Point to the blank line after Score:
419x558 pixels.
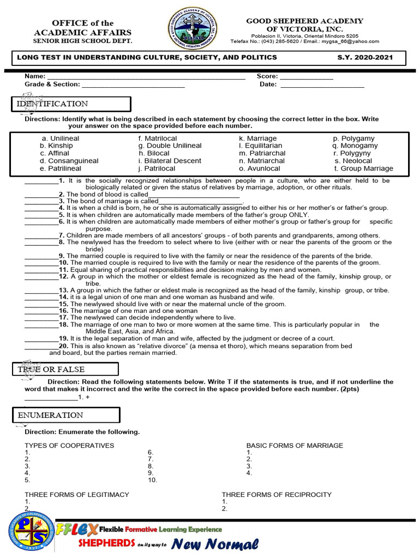[306, 77]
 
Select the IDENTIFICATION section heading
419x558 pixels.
[52, 104]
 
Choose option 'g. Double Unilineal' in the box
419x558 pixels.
[170, 146]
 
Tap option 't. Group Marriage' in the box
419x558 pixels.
[363, 169]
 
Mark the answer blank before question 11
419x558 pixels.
[41, 270]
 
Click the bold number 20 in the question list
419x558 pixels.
[63, 346]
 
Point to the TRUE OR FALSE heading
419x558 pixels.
[51, 369]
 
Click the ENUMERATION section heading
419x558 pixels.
[50, 415]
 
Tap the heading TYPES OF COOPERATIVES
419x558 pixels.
[69, 446]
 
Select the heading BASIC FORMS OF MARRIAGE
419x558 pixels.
[295, 446]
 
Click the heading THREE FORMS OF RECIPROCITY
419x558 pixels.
[276, 495]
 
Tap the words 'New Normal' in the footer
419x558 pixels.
[214, 544]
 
